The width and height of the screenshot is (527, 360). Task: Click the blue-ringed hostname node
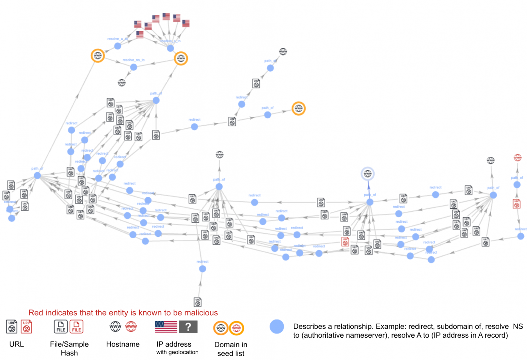pyautogui.click(x=367, y=174)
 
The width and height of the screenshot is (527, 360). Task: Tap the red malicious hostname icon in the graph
pyautogui.click(x=517, y=158)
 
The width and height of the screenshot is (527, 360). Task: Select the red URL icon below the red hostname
pyautogui.click(x=517, y=204)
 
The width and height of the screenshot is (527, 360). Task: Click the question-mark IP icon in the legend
pyautogui.click(x=188, y=327)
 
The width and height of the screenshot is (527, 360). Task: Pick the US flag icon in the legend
pyautogui.click(x=166, y=327)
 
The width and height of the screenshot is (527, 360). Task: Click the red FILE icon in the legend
pyautogui.click(x=77, y=326)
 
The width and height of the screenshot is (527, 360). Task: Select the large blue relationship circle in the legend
pyautogui.click(x=277, y=327)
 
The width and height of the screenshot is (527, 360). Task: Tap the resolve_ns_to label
pyautogui.click(x=133, y=60)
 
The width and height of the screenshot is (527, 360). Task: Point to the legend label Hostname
pyautogui.click(x=123, y=344)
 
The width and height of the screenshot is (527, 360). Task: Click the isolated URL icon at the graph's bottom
pyautogui.click(x=198, y=302)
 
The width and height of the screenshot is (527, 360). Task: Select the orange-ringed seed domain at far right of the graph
pyautogui.click(x=298, y=108)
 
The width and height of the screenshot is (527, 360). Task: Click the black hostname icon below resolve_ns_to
pyautogui.click(x=121, y=82)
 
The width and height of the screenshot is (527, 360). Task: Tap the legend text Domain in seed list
pyautogui.click(x=231, y=349)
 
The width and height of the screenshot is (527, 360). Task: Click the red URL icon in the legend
pyautogui.click(x=26, y=326)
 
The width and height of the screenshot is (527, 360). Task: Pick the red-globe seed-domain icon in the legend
pyautogui.click(x=236, y=328)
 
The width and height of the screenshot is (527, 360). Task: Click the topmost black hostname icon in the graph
pyautogui.click(x=283, y=51)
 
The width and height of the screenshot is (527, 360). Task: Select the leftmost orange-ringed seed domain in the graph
pyautogui.click(x=98, y=56)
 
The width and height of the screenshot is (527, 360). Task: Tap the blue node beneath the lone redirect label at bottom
pyautogui.click(x=202, y=269)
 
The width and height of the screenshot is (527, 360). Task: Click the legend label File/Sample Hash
pyautogui.click(x=69, y=348)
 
